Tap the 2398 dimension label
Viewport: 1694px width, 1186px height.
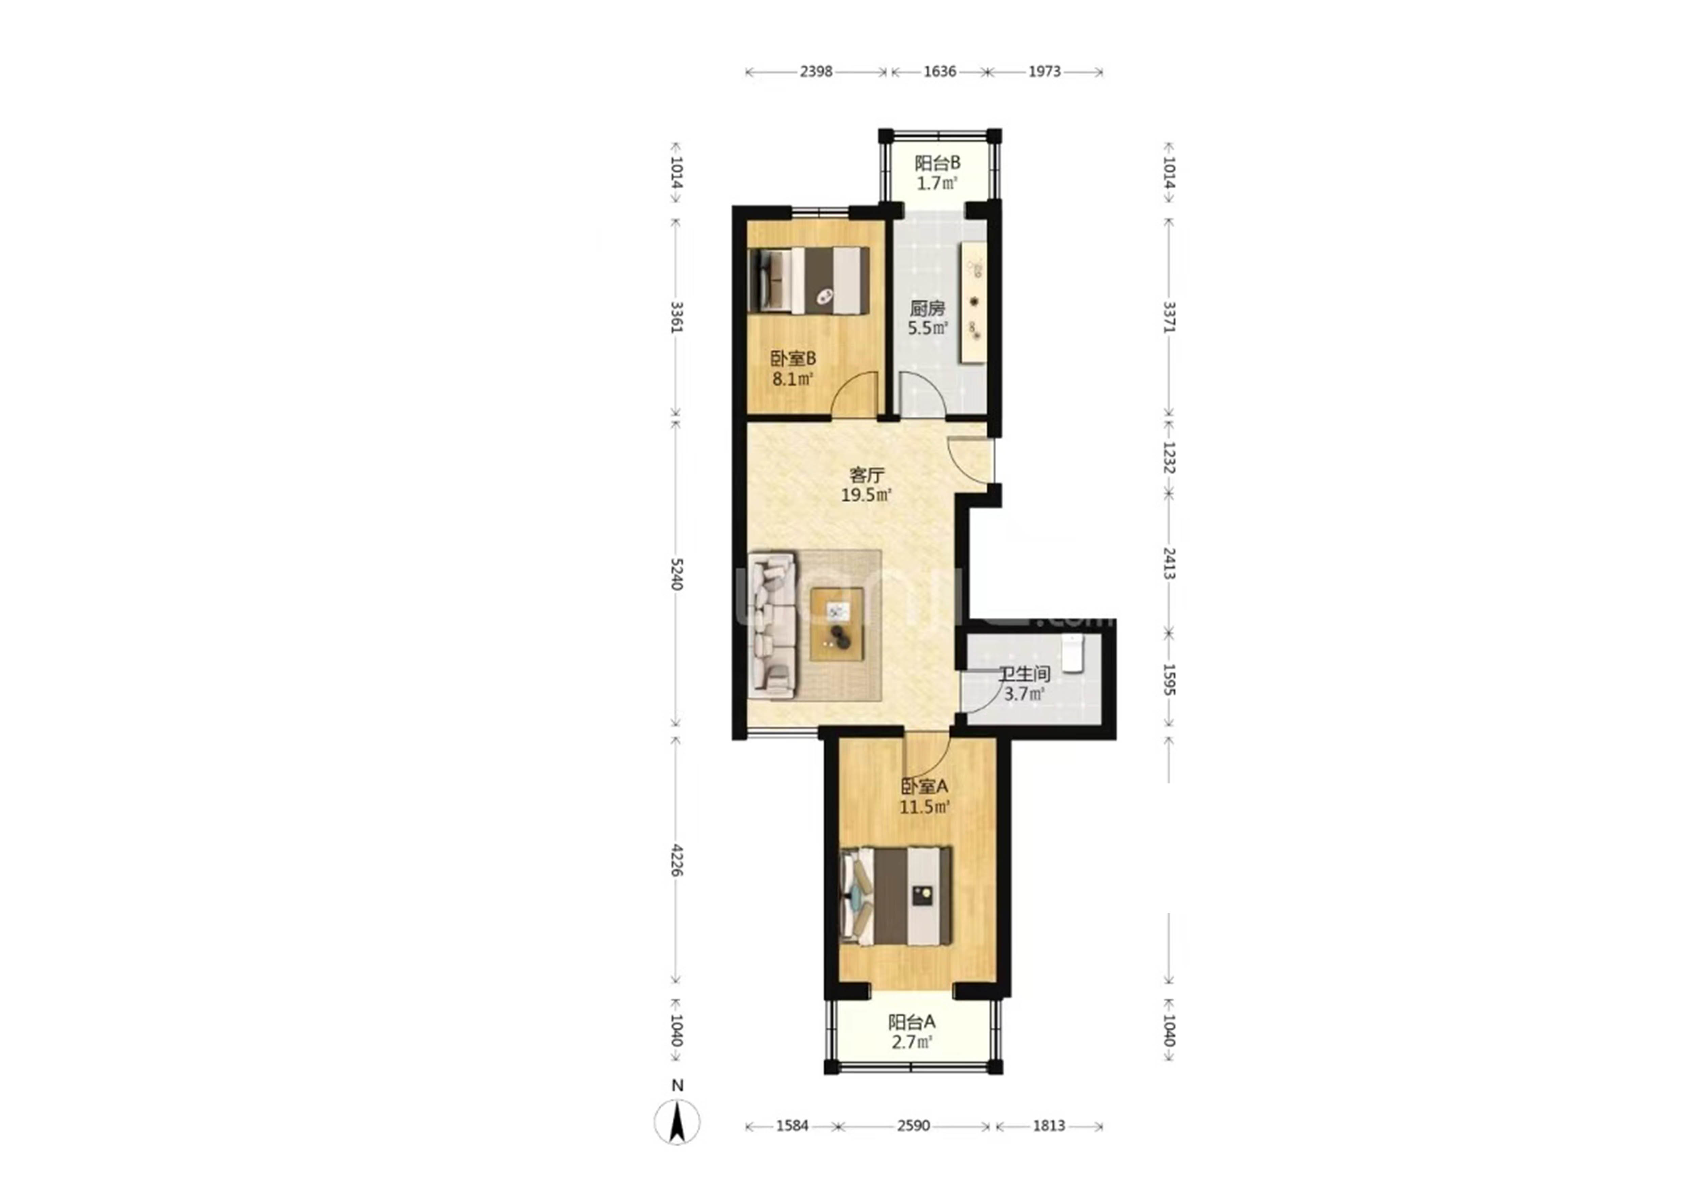816,71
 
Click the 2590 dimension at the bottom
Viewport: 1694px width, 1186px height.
913,1125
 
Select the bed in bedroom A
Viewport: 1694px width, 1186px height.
896,896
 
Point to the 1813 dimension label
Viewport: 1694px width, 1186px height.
1049,1125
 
